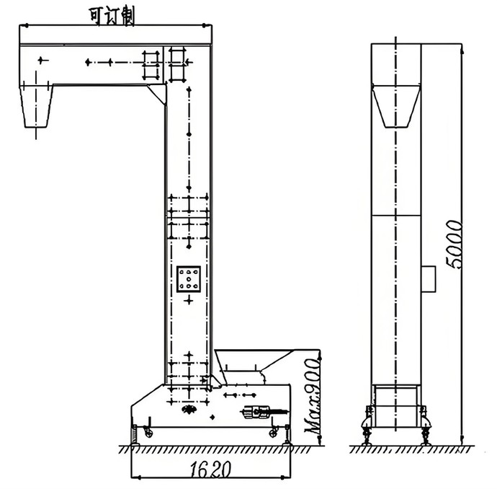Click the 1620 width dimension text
(x=210, y=469)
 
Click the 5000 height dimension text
(x=454, y=244)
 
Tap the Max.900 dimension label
(x=313, y=397)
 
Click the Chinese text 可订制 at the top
(x=112, y=17)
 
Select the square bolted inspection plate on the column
(x=189, y=279)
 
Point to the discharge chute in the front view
(x=36, y=106)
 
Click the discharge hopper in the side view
(x=396, y=106)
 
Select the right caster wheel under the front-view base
(x=273, y=432)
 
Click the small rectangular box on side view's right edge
(x=429, y=279)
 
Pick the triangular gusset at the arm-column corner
(x=157, y=94)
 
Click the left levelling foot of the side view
(x=367, y=433)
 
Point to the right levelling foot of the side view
(x=425, y=433)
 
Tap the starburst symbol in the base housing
(x=189, y=410)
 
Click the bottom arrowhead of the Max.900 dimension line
(x=320, y=439)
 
